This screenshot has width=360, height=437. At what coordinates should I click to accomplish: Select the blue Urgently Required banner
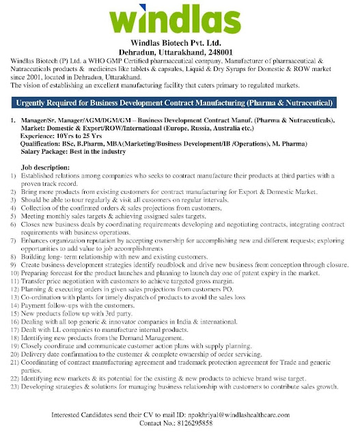pyautogui.click(x=180, y=103)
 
